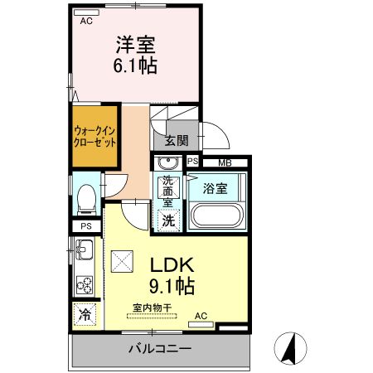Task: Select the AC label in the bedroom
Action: pos(85,22)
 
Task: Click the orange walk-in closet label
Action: pos(94,135)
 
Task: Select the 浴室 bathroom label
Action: pos(216,189)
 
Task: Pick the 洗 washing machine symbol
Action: pos(168,220)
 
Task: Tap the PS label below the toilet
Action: pos(85,226)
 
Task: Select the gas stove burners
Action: pos(85,285)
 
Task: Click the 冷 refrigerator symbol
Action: pos(85,313)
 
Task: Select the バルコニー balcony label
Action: pos(159,349)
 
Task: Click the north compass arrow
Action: pos(290,346)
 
